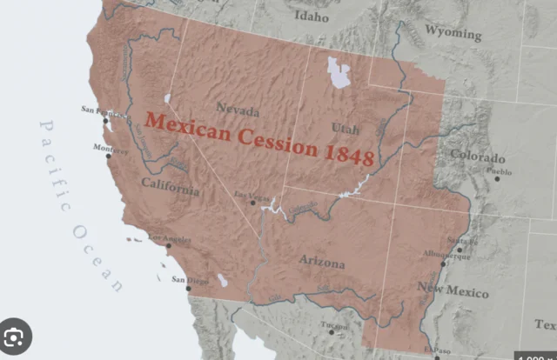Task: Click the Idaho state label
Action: [312, 17]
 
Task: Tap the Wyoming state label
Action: [453, 34]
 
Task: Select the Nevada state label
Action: [238, 111]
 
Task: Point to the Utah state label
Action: [345, 129]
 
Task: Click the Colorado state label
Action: [477, 158]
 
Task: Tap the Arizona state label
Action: [321, 262]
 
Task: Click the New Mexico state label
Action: [453, 290]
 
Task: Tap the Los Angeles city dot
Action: [168, 246]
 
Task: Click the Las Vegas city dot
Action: [252, 203]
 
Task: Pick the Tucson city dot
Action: [332, 332]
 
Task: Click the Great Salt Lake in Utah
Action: [335, 72]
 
